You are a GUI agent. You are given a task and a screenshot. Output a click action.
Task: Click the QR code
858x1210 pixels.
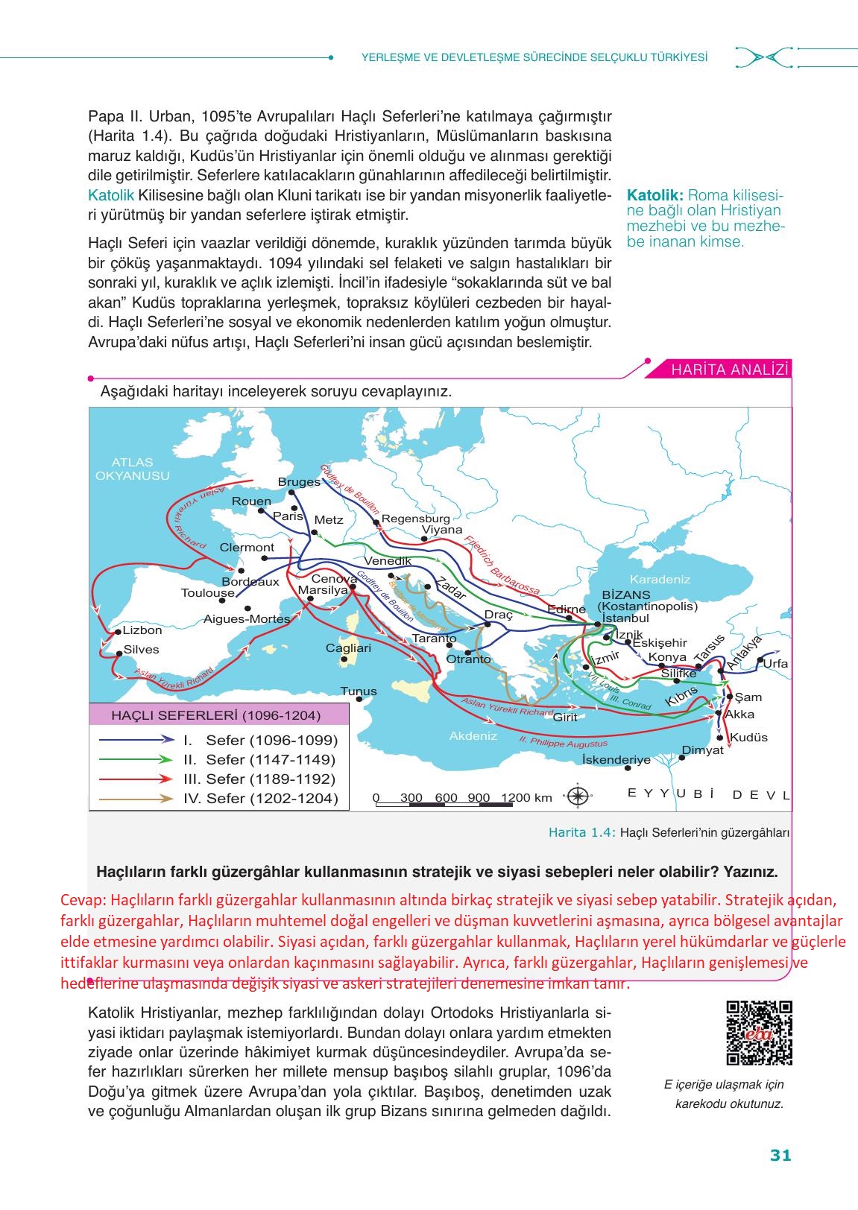pos(759,1033)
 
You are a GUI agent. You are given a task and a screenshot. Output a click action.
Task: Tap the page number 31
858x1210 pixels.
pos(780,1156)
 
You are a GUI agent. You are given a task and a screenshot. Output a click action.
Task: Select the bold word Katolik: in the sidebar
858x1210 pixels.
pos(655,195)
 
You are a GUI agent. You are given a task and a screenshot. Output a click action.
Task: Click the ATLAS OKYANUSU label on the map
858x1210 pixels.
pos(133,469)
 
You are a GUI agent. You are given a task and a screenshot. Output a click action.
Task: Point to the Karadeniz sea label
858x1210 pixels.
pos(660,579)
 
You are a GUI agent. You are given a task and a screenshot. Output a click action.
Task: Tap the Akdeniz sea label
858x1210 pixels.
pos(473,735)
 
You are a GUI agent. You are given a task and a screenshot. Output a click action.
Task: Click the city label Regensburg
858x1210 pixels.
pos(416,519)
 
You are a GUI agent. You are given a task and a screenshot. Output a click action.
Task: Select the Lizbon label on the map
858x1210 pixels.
pos(142,630)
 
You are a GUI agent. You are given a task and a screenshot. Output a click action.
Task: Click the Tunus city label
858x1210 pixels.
pos(359,691)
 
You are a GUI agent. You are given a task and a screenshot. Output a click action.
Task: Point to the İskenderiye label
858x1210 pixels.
pos(616,760)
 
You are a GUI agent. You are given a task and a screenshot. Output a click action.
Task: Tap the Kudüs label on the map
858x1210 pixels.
pos(748,738)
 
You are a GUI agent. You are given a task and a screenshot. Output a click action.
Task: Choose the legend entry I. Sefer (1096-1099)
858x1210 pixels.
pos(260,741)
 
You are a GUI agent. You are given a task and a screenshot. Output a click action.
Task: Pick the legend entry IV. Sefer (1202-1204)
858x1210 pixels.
pos(260,799)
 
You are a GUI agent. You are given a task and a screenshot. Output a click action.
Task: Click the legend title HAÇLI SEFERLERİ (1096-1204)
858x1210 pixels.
pos(215,715)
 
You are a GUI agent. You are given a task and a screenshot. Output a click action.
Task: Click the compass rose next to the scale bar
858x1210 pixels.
pos(578,796)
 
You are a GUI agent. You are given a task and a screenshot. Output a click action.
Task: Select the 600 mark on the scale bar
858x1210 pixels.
pos(446,797)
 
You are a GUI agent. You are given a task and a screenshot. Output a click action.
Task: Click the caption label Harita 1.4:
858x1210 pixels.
pos(581,833)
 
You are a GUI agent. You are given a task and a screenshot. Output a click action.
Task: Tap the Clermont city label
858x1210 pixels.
pos(247,547)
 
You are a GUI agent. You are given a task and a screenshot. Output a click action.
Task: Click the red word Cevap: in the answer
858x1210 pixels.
pos(84,899)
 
